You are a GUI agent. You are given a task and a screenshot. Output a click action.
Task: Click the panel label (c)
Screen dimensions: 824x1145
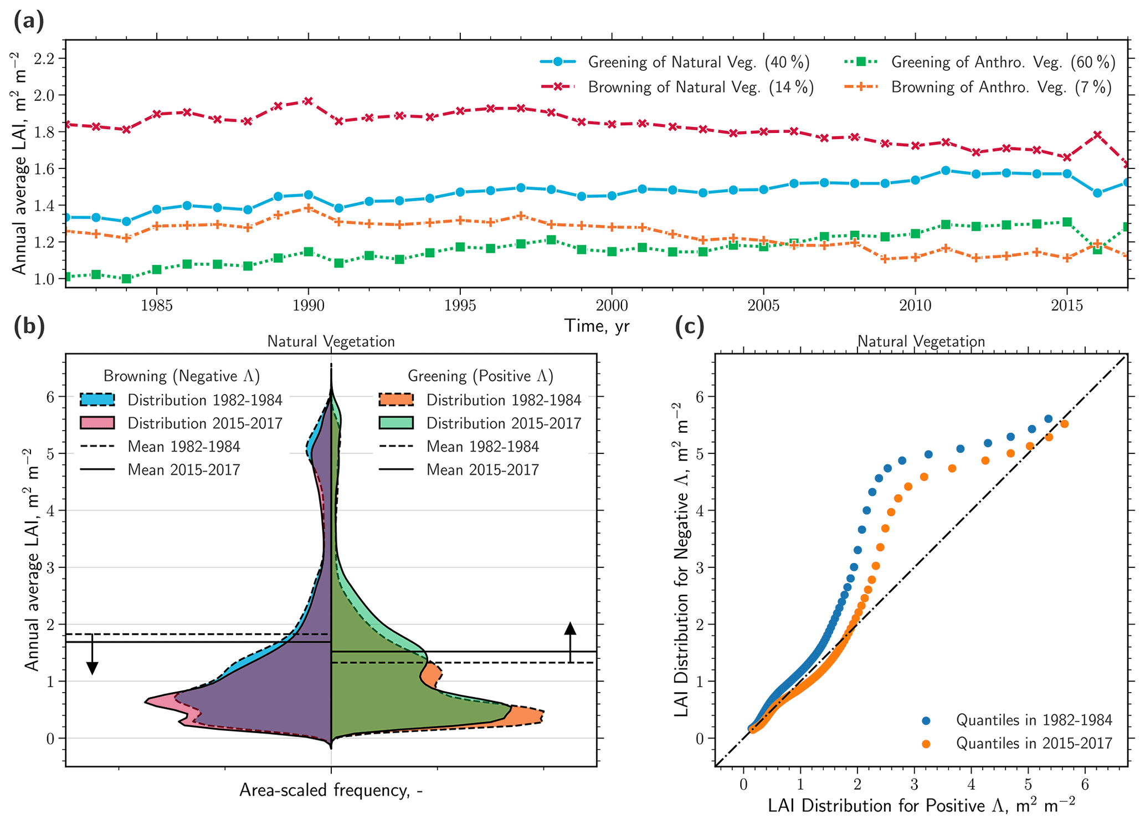pyautogui.click(x=690, y=327)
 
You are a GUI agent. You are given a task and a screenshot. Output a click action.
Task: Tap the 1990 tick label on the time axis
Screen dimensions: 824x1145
pyautogui.click(x=308, y=305)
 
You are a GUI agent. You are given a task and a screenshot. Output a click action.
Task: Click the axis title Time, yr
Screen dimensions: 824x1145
pyautogui.click(x=597, y=326)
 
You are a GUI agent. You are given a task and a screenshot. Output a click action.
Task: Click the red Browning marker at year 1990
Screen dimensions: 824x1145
pyautogui.click(x=309, y=101)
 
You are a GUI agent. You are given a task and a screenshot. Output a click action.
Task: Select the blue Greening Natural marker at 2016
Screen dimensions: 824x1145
pyautogui.click(x=1097, y=193)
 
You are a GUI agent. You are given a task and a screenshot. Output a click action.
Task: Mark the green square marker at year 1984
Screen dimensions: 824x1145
pyautogui.click(x=126, y=279)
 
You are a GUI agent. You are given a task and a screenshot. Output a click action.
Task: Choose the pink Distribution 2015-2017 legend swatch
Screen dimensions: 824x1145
pyautogui.click(x=97, y=423)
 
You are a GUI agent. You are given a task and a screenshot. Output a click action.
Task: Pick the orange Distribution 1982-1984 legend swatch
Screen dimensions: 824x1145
pyautogui.click(x=396, y=400)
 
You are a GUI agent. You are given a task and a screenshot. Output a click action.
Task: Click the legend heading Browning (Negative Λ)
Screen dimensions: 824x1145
pyautogui.click(x=182, y=376)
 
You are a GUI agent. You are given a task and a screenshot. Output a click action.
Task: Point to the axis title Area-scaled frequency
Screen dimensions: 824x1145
pyautogui.click(x=331, y=790)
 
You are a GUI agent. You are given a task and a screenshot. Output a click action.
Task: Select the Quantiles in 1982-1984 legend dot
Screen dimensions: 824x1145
pyautogui.click(x=926, y=720)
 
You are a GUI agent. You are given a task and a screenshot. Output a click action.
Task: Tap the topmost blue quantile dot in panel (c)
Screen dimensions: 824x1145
pyautogui.click(x=1048, y=419)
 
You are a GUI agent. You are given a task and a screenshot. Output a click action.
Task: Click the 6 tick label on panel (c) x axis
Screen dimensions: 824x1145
pyautogui.click(x=1085, y=785)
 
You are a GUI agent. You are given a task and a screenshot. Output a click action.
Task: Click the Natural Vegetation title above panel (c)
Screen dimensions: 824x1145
pyautogui.click(x=921, y=341)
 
